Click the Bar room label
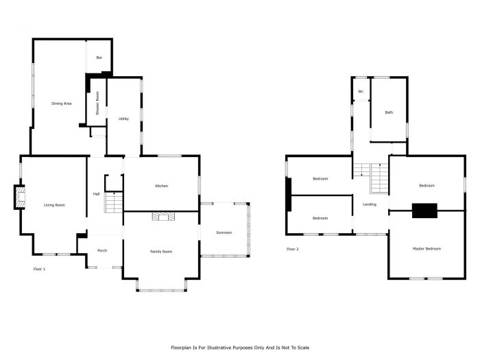(99, 58)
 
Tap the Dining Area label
(62, 104)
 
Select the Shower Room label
(97, 103)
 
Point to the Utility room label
(123, 119)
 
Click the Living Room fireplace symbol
(20, 197)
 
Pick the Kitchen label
(162, 186)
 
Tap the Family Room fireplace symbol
(164, 217)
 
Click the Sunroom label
(224, 232)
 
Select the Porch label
(102, 250)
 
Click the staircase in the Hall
(114, 202)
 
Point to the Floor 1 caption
(39, 269)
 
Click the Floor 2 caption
(293, 249)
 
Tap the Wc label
(361, 91)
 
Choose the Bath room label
(389, 112)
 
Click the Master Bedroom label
(427, 248)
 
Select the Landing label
(370, 204)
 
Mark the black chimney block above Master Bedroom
(424, 211)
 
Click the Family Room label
(161, 252)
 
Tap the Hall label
(97, 194)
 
